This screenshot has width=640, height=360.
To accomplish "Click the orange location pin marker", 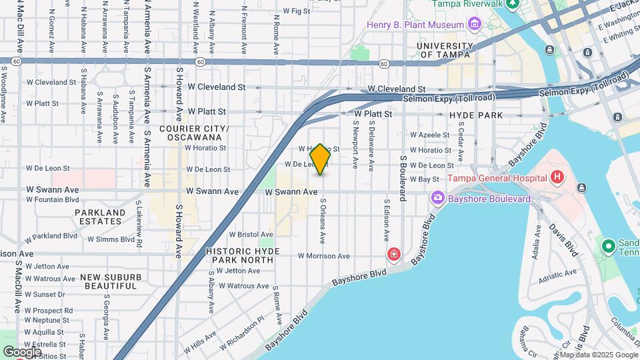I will click(x=321, y=159).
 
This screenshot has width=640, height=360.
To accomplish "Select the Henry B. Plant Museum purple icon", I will click(x=475, y=25).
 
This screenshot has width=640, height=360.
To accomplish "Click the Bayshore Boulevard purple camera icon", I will click(x=438, y=197).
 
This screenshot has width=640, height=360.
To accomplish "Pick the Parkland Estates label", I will click(x=101, y=217).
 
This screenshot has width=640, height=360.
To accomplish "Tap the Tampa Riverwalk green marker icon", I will click(x=512, y=4).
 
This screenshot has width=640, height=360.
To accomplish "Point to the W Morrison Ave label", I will click(x=323, y=256).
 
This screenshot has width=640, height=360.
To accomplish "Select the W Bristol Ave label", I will click(x=251, y=235).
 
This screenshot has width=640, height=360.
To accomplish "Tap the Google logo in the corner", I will click(x=22, y=351).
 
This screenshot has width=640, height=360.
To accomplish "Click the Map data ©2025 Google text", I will click(x=598, y=355).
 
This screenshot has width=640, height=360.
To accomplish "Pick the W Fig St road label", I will click(x=296, y=11).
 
